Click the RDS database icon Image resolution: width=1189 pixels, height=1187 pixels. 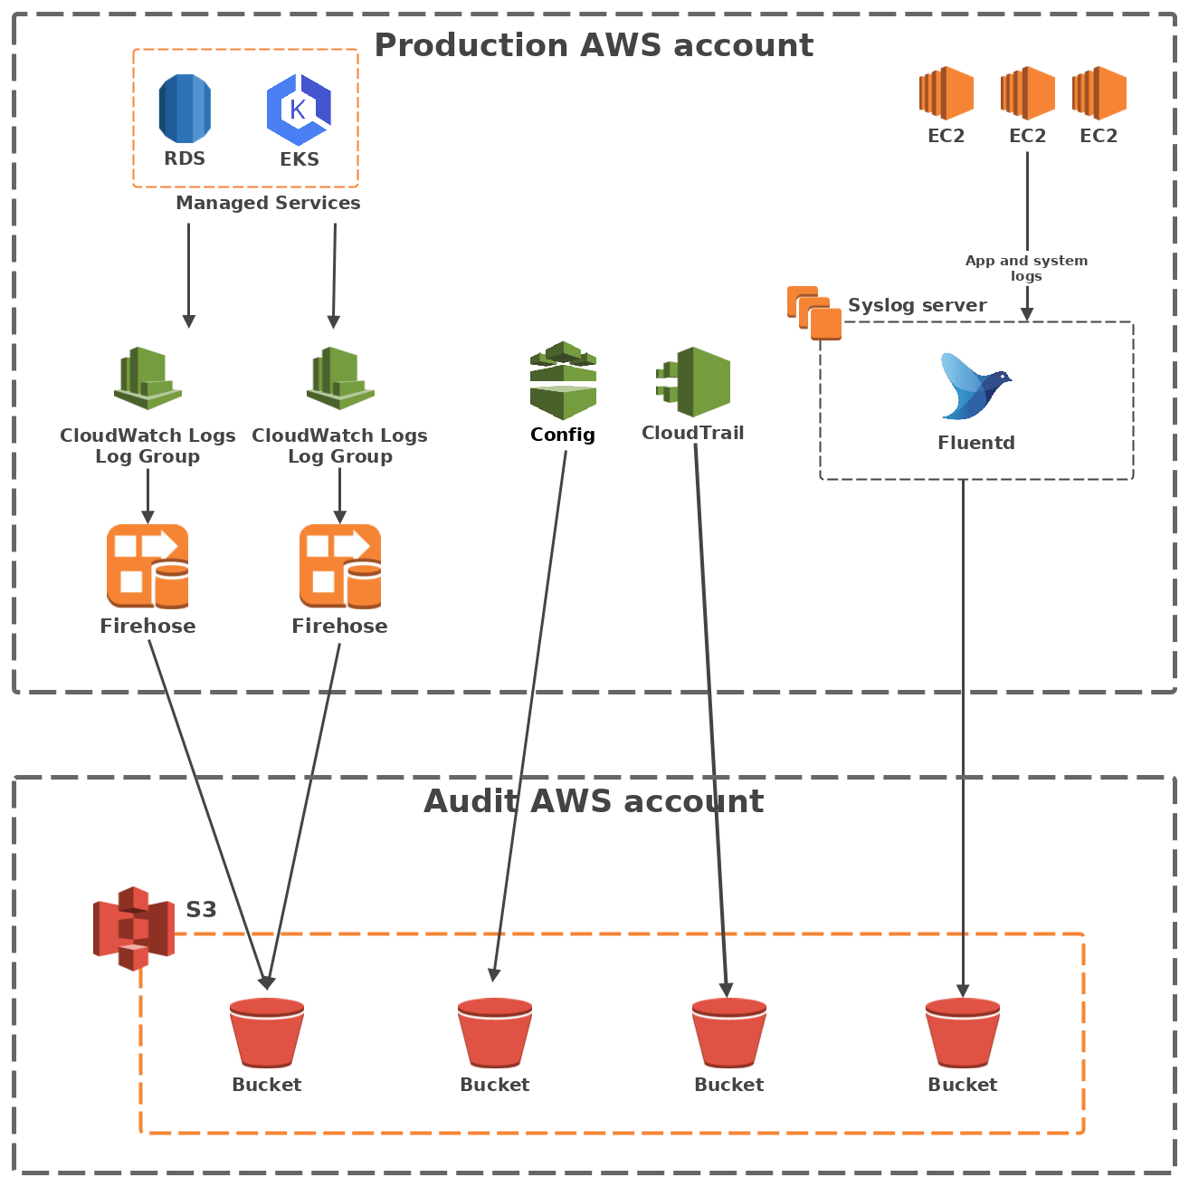(x=185, y=109)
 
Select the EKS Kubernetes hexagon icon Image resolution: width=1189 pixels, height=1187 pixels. (x=299, y=110)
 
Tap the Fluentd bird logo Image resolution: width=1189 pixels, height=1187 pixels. (x=975, y=388)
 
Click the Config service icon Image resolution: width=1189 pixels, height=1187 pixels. (x=563, y=380)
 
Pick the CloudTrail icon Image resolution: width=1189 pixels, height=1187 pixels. (x=694, y=382)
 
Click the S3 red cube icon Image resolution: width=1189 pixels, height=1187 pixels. (x=133, y=928)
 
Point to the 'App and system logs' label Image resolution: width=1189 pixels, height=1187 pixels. (x=1026, y=268)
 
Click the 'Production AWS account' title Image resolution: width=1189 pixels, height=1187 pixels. (x=594, y=45)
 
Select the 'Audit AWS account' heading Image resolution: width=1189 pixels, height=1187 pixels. (x=594, y=801)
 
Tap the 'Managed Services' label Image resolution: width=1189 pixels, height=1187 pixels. (x=268, y=203)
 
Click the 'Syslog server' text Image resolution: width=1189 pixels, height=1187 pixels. (x=917, y=305)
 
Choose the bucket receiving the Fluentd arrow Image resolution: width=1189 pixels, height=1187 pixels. (x=962, y=1033)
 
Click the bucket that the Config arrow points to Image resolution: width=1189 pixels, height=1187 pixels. (x=494, y=1033)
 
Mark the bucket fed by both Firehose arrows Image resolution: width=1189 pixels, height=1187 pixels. (x=266, y=1033)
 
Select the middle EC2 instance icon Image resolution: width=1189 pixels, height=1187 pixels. (x=1027, y=93)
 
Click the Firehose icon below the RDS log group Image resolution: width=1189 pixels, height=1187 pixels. (x=147, y=567)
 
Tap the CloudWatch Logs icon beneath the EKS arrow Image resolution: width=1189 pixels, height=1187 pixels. (x=340, y=378)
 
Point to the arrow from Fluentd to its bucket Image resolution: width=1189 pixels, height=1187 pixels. (x=963, y=724)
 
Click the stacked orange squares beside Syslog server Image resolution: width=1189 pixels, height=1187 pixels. (x=813, y=313)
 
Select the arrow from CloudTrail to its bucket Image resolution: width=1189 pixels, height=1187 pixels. (x=710, y=724)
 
